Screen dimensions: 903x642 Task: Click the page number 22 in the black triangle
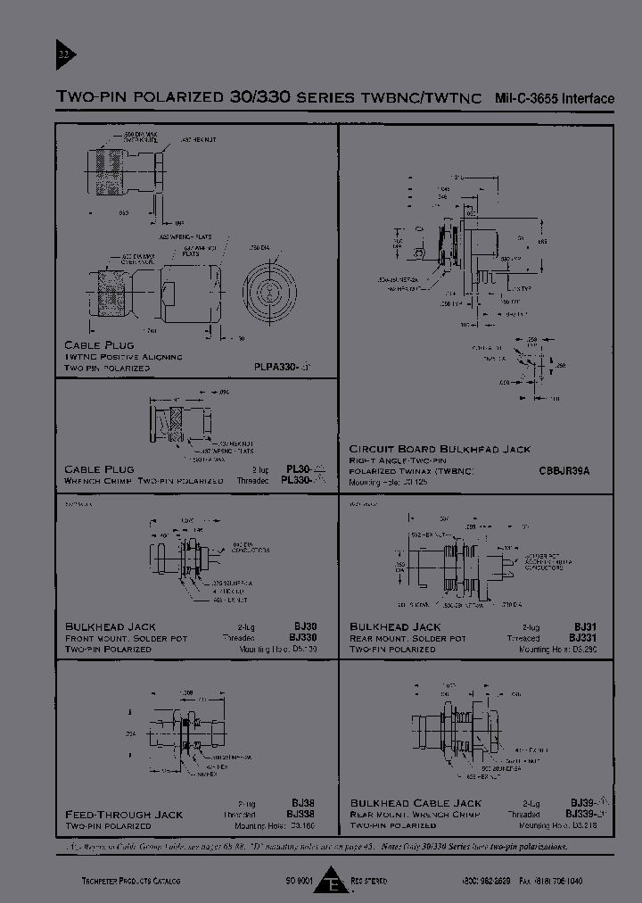pos(62,55)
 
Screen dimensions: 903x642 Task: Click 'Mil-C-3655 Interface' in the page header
pos(554,98)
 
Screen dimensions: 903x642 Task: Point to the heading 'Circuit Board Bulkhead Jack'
pos(440,449)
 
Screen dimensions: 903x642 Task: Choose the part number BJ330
pos(302,638)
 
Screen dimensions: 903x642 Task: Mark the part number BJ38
pos(300,803)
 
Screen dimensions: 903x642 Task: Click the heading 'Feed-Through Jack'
pos(124,815)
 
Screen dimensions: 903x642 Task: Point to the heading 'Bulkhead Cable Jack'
pos(415,803)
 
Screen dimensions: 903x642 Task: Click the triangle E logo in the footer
pos(334,882)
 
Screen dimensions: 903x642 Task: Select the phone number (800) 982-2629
pos(487,882)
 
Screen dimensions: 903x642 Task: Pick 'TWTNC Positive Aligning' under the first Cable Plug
pos(123,356)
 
